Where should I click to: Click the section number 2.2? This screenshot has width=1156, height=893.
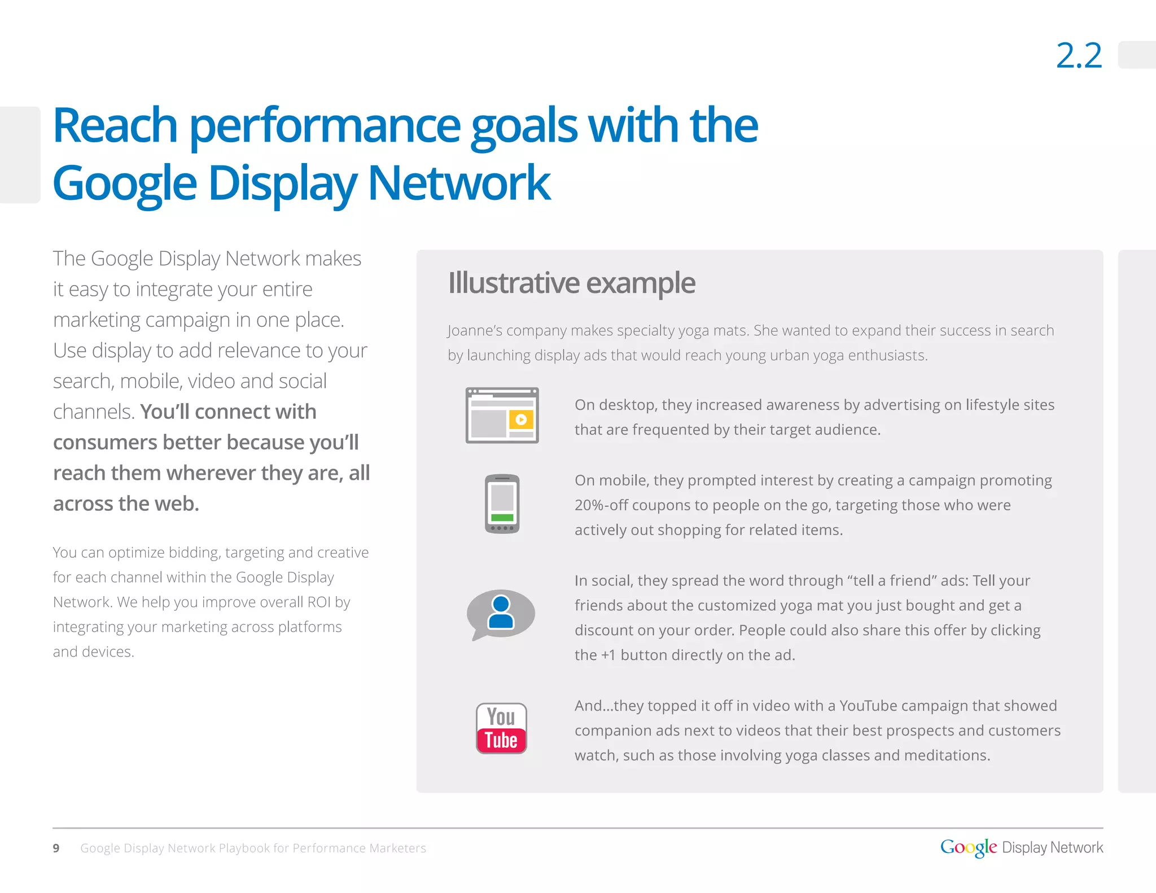tap(1079, 56)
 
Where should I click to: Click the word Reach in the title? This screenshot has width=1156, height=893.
tap(115, 125)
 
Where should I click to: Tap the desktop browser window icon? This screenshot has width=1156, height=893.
tap(502, 415)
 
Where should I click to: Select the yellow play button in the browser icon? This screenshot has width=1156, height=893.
tap(521, 419)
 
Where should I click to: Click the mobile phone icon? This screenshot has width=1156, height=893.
tap(502, 504)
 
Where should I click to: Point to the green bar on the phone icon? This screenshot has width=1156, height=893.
tap(502, 518)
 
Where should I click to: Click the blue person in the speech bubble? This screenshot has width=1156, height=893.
tap(501, 612)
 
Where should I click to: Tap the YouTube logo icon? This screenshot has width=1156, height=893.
tap(501, 728)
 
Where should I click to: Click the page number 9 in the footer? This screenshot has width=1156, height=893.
tap(56, 848)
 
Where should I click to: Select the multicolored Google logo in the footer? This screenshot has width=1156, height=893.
tap(968, 847)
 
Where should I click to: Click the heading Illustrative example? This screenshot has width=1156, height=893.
tap(571, 283)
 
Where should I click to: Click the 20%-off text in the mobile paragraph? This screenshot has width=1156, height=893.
tap(601, 505)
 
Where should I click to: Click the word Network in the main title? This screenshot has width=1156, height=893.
tap(459, 183)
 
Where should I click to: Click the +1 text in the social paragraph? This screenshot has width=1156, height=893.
tap(608, 655)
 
